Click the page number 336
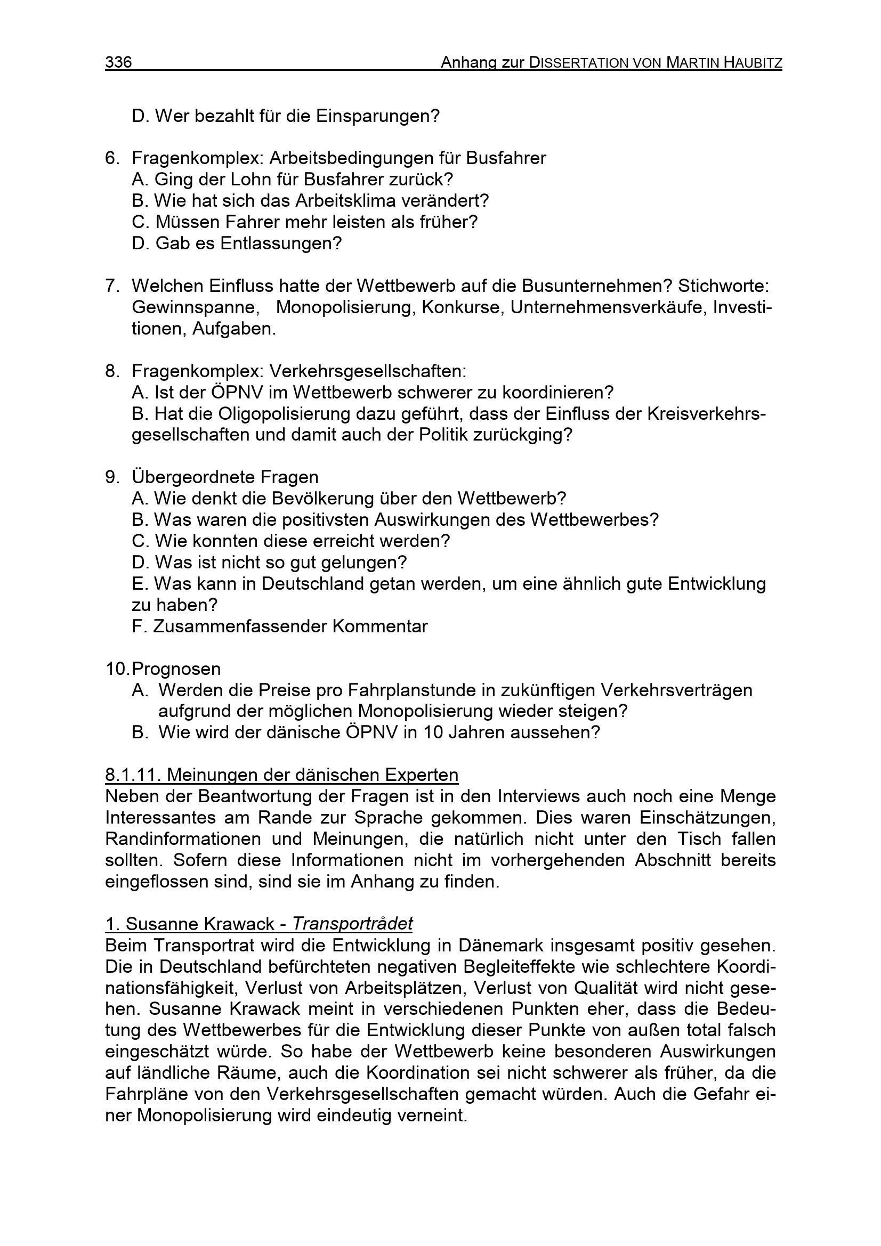pos(118,62)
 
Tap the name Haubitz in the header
pos(754,63)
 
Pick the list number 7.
pos(111,286)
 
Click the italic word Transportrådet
pos(352,924)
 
